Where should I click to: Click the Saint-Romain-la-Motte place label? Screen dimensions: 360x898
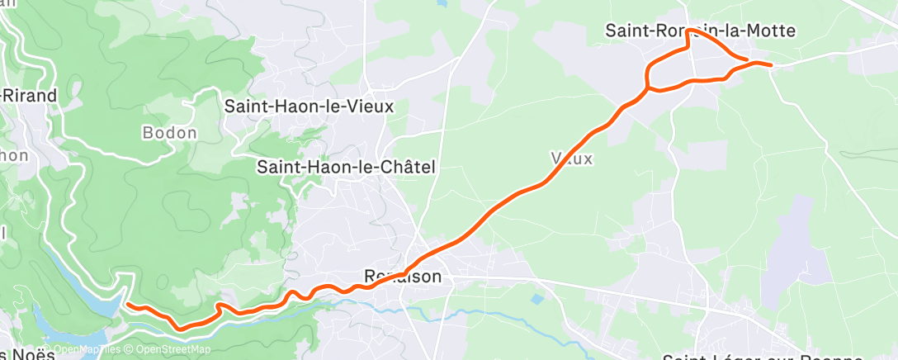[700, 31]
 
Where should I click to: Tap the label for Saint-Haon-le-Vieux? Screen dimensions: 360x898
[310, 107]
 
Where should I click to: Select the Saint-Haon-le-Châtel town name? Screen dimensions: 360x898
[346, 167]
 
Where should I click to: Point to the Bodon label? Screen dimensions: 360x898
[169, 132]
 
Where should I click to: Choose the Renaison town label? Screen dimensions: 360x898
[403, 277]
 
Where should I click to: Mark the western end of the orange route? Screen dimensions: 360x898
[128, 304]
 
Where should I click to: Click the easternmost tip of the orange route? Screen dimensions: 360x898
[771, 64]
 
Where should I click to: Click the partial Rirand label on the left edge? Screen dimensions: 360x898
[30, 95]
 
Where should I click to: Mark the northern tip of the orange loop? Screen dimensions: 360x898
[687, 32]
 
